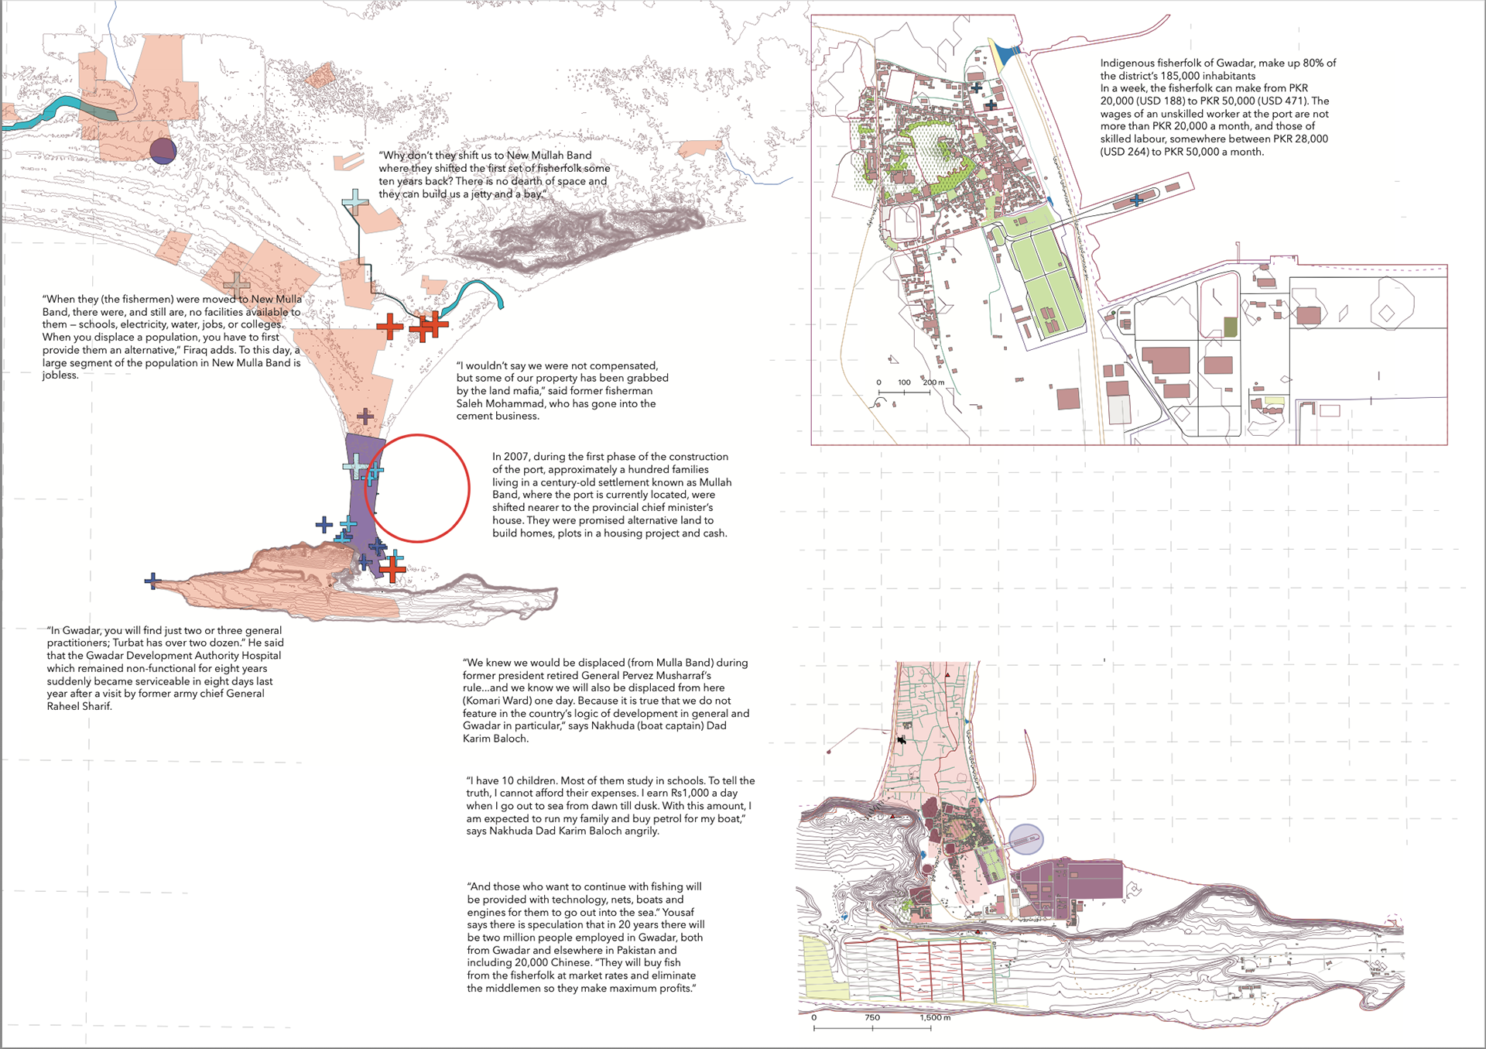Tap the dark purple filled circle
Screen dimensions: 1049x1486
coord(163,151)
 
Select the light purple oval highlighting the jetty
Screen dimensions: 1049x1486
coord(1026,839)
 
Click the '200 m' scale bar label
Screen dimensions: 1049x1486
coord(933,382)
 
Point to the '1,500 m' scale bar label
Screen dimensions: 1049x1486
coord(935,1017)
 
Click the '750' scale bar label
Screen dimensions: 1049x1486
coord(872,1017)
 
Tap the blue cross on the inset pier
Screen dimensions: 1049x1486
coord(1136,201)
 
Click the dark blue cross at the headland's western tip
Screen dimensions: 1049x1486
coord(152,581)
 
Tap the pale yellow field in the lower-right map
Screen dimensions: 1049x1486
coord(822,968)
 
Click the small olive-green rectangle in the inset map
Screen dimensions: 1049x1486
coord(1230,327)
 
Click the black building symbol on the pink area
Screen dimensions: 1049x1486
coord(901,740)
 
